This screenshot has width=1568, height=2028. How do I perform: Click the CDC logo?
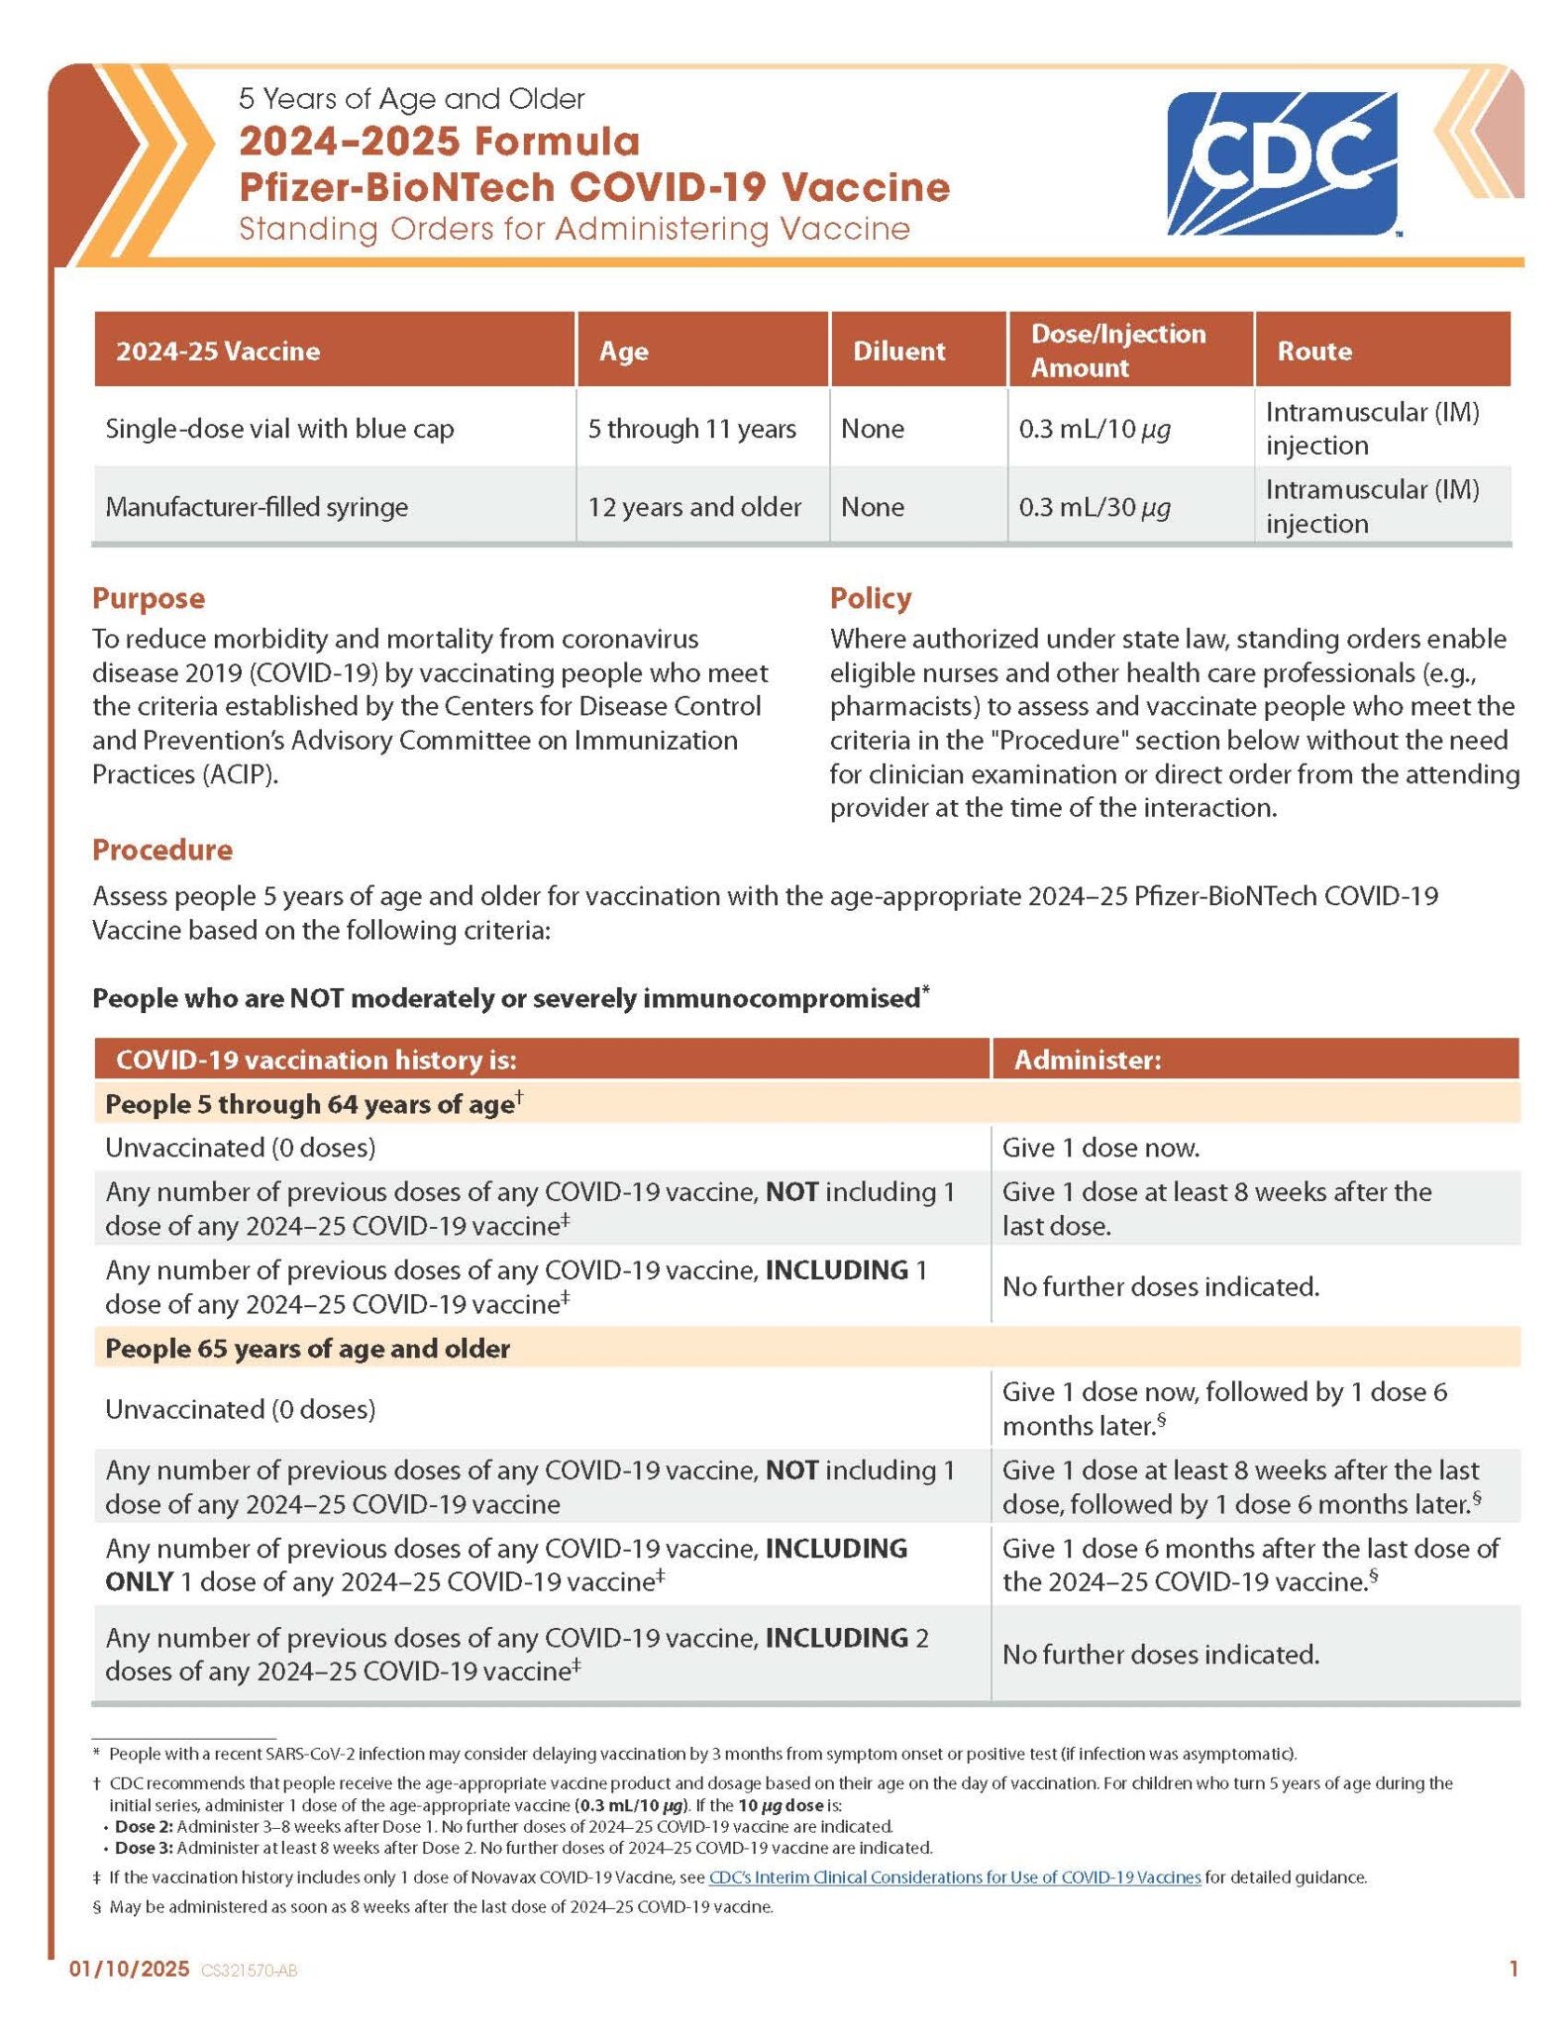coord(1282,163)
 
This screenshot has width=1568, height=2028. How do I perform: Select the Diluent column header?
coord(898,351)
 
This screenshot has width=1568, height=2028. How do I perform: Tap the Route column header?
coord(1313,351)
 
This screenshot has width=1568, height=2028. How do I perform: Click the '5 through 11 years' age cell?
coord(691,429)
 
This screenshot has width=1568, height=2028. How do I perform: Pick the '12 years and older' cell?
coord(693,507)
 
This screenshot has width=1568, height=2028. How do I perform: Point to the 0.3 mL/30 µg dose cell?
coord(1095,507)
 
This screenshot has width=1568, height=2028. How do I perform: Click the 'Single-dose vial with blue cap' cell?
coord(279,429)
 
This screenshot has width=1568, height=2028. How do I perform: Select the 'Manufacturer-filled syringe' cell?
coord(257,507)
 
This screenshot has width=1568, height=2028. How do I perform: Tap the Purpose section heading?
coord(149,598)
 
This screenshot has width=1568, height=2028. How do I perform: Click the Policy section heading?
coord(870,598)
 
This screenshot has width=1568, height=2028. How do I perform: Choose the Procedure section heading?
coord(162,850)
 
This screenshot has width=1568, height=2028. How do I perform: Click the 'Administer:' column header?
coord(1087,1060)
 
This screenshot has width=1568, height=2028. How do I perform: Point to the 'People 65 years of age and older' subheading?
coord(307,1348)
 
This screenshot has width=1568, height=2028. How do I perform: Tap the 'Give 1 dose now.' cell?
coord(1100,1148)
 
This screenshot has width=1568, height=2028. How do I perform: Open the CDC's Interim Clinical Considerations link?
coord(954,1876)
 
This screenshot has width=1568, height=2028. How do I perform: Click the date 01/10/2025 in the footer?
coord(129,1969)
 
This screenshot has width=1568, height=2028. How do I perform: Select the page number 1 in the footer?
coord(1513,1969)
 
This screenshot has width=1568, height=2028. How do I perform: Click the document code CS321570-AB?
coord(249,1971)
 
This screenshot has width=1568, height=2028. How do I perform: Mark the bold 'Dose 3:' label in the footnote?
coord(144,1847)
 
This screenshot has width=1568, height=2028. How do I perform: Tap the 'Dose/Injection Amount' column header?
coord(1117,351)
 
